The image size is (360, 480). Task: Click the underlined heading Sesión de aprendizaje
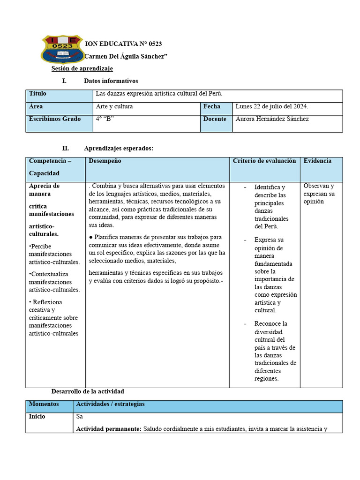point(82,69)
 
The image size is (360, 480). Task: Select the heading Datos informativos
point(111,81)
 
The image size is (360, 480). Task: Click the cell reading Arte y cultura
point(114,106)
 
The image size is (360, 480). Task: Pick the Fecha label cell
point(211,106)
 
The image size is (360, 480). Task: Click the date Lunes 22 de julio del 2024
point(271,106)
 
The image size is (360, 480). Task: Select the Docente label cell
point(215,119)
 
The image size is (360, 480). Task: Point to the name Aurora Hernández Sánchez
point(272,119)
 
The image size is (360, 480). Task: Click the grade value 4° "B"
point(105,119)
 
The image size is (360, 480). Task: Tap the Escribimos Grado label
point(54,119)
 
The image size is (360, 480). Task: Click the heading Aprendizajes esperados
point(118,148)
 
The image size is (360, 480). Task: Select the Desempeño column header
point(105,161)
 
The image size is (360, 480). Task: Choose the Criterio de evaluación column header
point(264,161)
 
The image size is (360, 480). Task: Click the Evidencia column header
point(317,161)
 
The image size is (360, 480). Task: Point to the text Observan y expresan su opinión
point(319,194)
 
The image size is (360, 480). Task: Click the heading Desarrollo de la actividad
point(88,391)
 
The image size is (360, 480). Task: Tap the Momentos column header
point(44,404)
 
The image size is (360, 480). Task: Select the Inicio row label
point(37,416)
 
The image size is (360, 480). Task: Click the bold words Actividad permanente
point(108,428)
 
